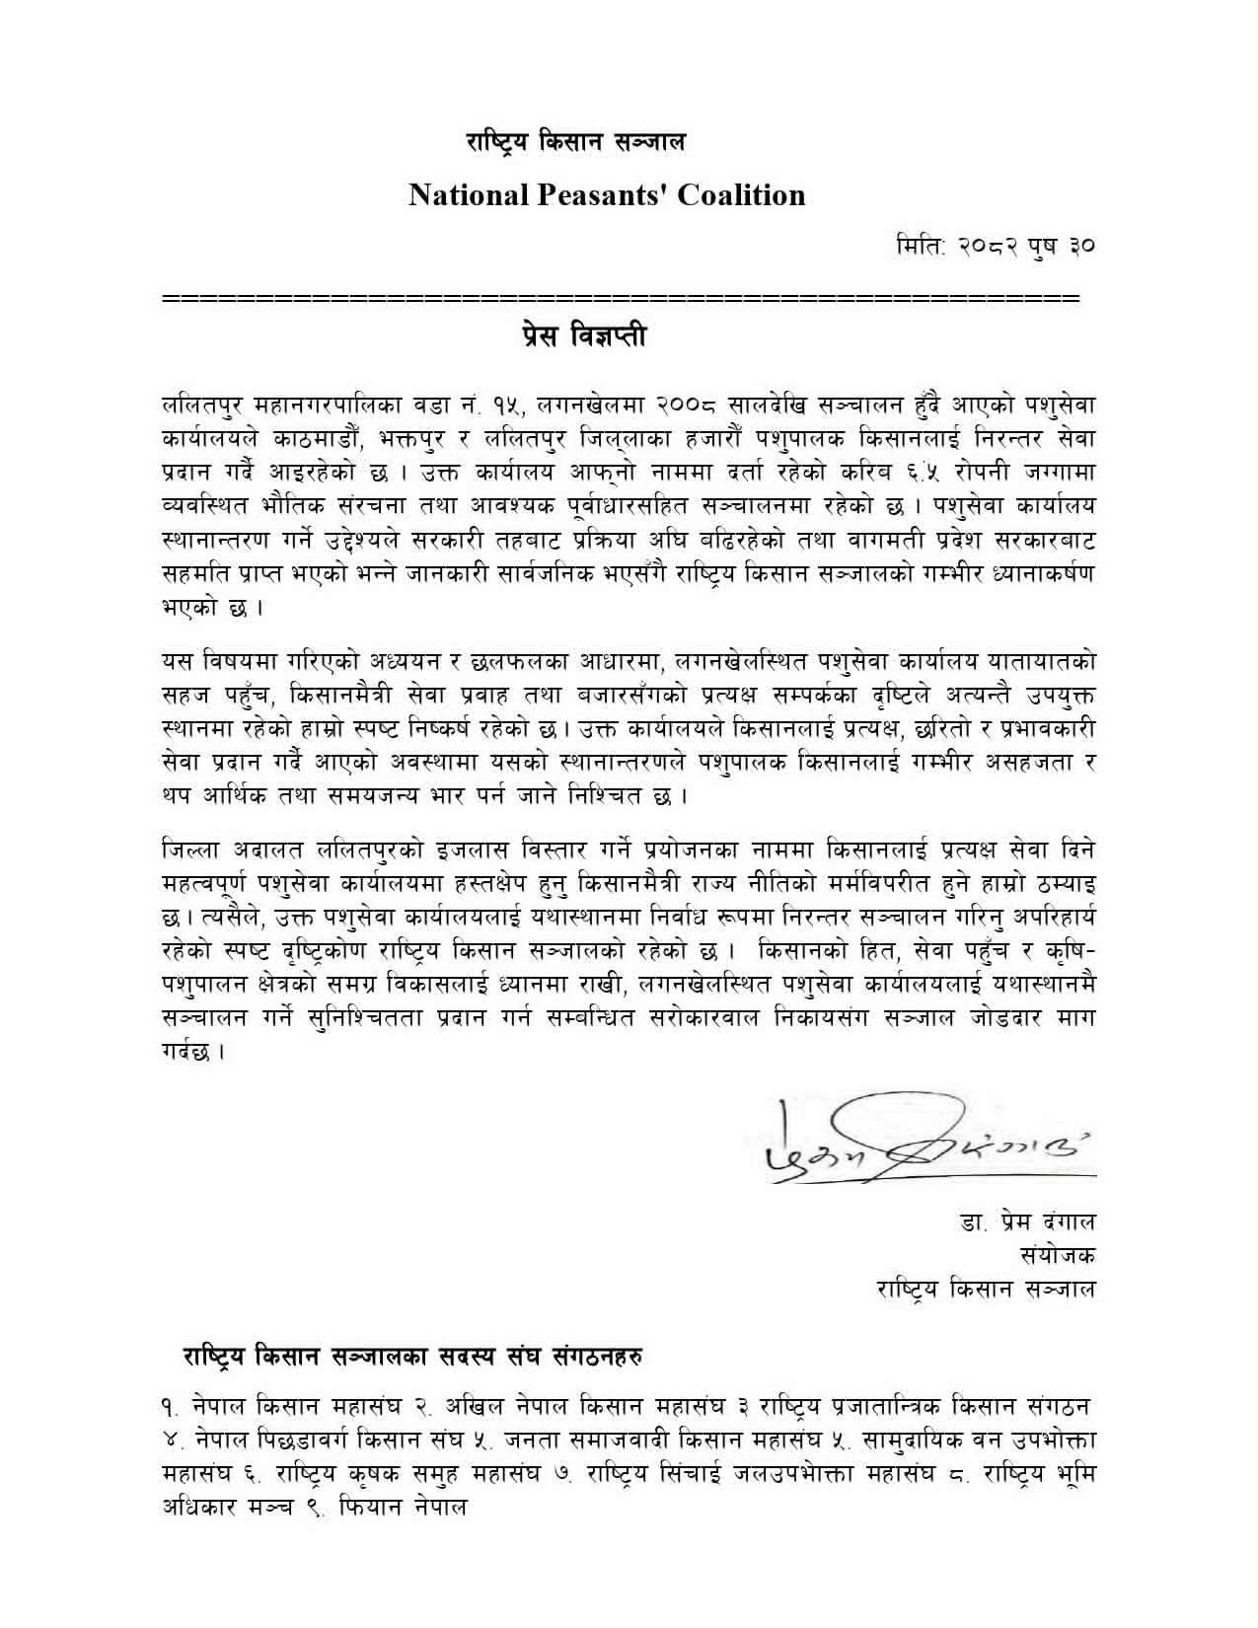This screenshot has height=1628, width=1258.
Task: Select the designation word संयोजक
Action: [1058, 1256]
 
